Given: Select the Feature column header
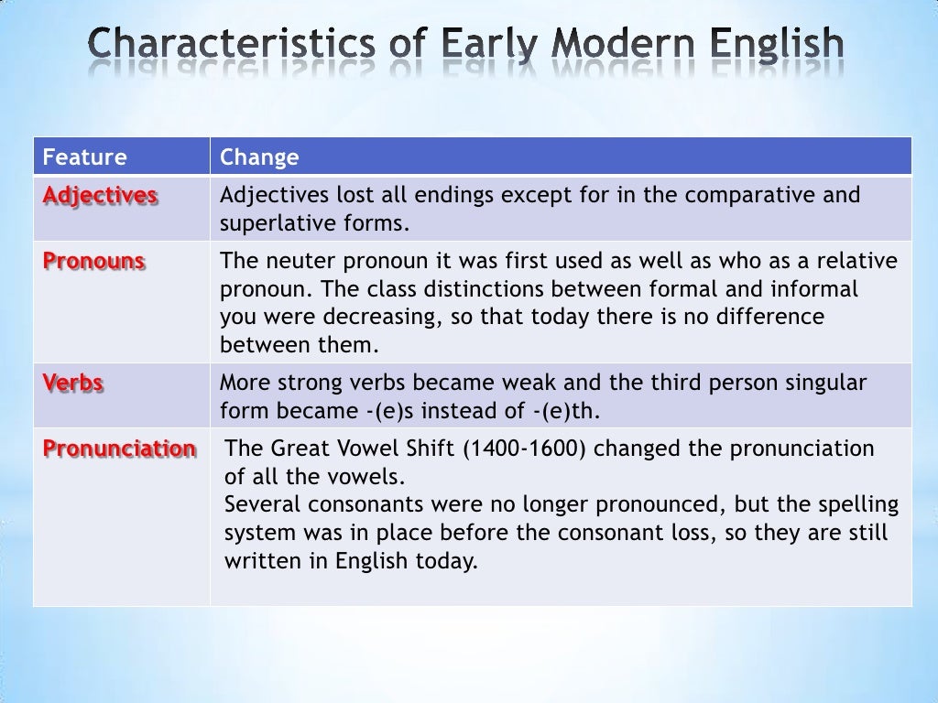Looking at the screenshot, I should (x=83, y=157).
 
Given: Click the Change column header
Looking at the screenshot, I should (x=259, y=157).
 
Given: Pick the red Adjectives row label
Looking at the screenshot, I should (x=101, y=196).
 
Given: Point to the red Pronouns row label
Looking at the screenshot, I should (x=94, y=261).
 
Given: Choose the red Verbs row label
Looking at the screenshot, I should (x=73, y=383).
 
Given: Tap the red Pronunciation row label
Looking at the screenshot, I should (x=119, y=449).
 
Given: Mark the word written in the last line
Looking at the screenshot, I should (x=263, y=561).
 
